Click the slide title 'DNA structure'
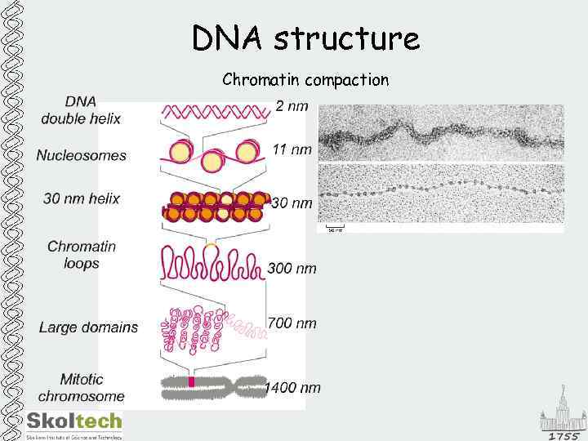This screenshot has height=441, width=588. coord(305,38)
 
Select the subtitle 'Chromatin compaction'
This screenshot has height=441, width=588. coord(305,80)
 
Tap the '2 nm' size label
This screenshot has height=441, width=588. coord(292,106)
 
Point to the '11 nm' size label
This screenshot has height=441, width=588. coord(292,149)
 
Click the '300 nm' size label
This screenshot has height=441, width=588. coord(292,268)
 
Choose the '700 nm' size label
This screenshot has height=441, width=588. coord(292,323)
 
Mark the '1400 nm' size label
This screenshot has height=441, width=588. coord(292,388)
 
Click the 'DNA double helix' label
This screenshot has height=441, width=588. coord(81,110)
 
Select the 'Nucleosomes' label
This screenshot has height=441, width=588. coord(82,155)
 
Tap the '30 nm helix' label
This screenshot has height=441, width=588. coord(78,198)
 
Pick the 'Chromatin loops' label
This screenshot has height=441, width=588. coord(82,255)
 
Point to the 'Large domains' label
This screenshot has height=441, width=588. coord(89,327)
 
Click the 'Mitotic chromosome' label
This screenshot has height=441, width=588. coord(82,388)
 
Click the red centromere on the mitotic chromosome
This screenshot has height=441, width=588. coord(192,382)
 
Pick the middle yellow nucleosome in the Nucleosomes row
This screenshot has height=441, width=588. coord(212,159)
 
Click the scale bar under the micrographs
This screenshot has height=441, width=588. coord(333,226)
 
